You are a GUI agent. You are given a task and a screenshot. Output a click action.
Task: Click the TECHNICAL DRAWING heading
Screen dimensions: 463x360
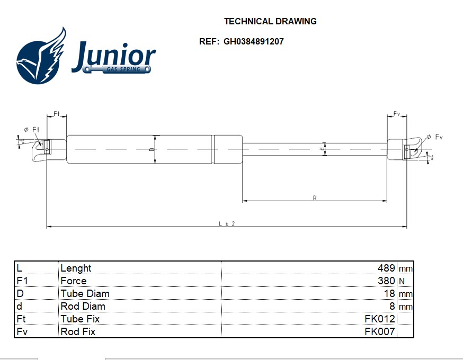270,21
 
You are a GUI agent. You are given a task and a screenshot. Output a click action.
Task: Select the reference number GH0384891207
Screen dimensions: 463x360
254,41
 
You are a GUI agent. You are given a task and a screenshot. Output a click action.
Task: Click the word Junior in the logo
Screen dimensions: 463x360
114,56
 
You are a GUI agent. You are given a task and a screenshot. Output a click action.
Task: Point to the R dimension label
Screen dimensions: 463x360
315,197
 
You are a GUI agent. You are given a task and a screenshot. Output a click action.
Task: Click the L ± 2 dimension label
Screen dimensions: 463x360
227,223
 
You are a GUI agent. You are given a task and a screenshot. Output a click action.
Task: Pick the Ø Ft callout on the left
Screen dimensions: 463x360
32,130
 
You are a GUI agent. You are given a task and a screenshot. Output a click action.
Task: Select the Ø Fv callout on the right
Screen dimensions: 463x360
434,137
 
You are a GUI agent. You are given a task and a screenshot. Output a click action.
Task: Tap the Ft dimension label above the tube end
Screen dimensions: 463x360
57,114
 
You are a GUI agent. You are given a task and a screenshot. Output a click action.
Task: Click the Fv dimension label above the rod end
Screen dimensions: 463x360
397,114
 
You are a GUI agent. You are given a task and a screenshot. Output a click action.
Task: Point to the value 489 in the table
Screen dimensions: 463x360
386,268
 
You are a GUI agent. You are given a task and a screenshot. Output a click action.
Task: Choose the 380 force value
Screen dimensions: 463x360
386,281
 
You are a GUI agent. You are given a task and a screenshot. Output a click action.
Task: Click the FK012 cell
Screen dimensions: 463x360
380,319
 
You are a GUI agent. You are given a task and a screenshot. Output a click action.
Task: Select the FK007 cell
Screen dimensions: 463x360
380,331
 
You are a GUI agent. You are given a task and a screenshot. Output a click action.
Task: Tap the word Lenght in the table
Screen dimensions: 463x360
76,268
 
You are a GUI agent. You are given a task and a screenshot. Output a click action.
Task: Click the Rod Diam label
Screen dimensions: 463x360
83,306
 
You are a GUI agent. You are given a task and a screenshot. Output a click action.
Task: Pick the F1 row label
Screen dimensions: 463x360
22,281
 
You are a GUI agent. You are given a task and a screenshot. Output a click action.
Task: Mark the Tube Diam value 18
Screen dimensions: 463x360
389,293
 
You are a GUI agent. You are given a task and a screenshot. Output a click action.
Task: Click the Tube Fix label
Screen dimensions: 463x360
80,319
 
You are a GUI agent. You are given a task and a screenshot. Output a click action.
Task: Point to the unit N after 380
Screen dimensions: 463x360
402,281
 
